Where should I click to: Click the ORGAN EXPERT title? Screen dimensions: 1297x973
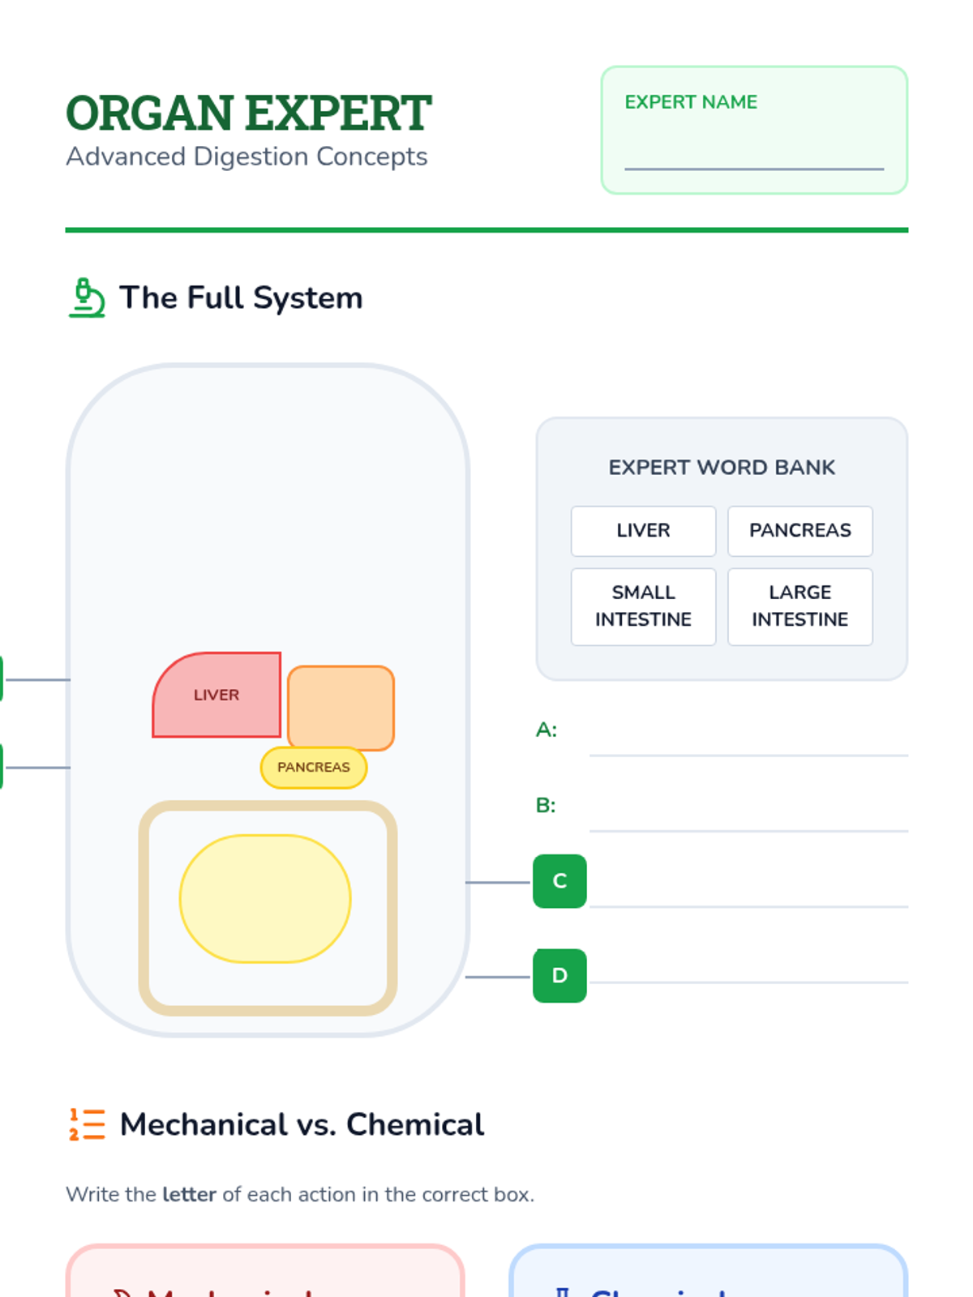(x=248, y=113)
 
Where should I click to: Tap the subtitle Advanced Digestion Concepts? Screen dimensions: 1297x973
(x=246, y=156)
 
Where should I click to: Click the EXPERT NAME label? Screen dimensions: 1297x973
(x=691, y=102)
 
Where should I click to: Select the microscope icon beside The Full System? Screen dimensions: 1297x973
(x=87, y=297)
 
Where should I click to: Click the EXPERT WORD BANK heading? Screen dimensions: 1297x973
(x=722, y=468)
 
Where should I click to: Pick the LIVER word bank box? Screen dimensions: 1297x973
(x=643, y=531)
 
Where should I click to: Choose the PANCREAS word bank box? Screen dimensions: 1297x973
(x=800, y=531)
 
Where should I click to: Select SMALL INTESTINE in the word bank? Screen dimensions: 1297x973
(x=643, y=606)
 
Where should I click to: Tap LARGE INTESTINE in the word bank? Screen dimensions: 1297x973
(x=800, y=606)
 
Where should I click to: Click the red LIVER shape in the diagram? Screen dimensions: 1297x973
(x=216, y=696)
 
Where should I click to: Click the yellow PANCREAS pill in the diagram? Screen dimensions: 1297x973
(x=314, y=767)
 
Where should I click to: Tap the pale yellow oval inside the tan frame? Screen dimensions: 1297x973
(x=265, y=899)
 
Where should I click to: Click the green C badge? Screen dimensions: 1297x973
(x=559, y=881)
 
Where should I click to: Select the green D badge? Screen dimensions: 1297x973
(x=559, y=976)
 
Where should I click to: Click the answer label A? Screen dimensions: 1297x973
(x=547, y=730)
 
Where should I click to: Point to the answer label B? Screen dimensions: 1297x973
(x=546, y=806)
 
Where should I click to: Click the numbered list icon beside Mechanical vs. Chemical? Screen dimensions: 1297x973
(x=87, y=1124)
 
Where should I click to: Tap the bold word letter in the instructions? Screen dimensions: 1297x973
(x=189, y=1195)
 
